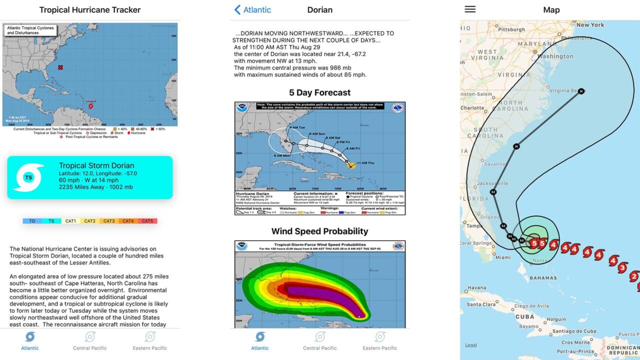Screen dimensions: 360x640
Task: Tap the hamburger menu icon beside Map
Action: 470,9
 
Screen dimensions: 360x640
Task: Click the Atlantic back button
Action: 253,10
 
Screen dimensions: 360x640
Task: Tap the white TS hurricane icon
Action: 29,177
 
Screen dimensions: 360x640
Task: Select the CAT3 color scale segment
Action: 109,221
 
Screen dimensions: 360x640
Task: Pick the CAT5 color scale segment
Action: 147,221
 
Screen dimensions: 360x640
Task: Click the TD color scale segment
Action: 32,221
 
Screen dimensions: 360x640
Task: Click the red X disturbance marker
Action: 60,67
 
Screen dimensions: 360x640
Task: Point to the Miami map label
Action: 503,257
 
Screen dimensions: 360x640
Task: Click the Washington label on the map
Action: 555,56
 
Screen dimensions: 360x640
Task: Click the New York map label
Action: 590,24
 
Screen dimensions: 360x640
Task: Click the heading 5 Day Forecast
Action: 320,92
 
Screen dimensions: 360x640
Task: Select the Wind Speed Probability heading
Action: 320,231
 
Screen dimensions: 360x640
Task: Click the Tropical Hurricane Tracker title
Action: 90,10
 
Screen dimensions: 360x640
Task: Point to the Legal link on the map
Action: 471,345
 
